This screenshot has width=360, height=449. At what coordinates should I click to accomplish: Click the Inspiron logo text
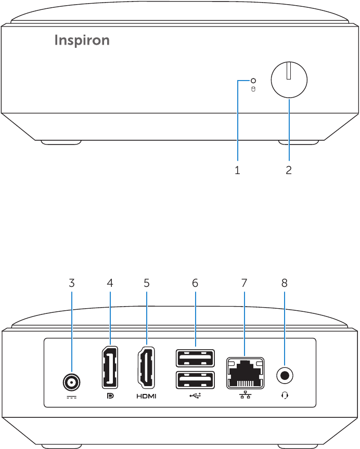pyautogui.click(x=82, y=41)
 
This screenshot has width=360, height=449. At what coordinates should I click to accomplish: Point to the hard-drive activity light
pyautogui.click(x=253, y=81)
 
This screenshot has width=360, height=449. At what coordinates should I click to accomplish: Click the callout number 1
pyautogui.click(x=237, y=170)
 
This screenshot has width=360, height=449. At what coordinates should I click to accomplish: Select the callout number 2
pyautogui.click(x=289, y=170)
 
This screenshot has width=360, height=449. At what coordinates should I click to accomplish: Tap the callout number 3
pyautogui.click(x=72, y=283)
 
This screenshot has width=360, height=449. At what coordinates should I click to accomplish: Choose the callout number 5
pyautogui.click(x=147, y=283)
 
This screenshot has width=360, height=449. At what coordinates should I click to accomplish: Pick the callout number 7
pyautogui.click(x=244, y=283)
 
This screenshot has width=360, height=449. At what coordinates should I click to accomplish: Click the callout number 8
pyautogui.click(x=285, y=283)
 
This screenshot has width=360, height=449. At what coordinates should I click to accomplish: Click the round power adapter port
pyautogui.click(x=71, y=382)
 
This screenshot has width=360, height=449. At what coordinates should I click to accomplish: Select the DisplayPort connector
pyautogui.click(x=110, y=367)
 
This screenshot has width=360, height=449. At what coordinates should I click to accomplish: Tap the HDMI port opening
pyautogui.click(x=147, y=367)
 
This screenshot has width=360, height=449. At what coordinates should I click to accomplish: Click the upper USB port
pyautogui.click(x=195, y=358)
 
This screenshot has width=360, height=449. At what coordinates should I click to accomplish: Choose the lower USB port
pyautogui.click(x=195, y=380)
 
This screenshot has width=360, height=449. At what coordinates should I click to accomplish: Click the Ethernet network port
pyautogui.click(x=245, y=373)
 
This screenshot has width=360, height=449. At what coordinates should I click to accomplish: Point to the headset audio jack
pyautogui.click(x=285, y=375)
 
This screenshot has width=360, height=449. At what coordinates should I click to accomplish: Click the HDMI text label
pyautogui.click(x=147, y=397)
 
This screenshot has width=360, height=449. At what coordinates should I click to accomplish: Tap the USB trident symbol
pyautogui.click(x=195, y=396)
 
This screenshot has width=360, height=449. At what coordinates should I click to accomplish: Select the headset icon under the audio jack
pyautogui.click(x=285, y=396)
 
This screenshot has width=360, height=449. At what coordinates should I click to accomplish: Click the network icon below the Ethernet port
pyautogui.click(x=246, y=395)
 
